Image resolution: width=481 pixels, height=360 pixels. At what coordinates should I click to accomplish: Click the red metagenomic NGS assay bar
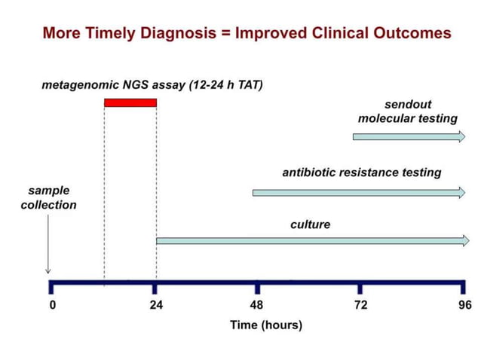130,102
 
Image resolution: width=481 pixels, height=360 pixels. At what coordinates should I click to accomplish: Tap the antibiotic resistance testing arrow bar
359,193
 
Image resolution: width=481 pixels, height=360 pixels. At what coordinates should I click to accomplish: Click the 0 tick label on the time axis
53,305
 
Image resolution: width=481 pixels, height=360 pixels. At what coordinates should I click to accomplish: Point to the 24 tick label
156,305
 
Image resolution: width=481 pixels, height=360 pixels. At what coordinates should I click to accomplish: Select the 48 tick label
257,305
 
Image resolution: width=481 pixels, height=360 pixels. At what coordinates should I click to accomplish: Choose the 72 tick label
360,305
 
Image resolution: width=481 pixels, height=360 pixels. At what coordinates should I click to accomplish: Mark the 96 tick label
464,305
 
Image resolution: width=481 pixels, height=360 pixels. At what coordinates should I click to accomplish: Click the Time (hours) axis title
266,325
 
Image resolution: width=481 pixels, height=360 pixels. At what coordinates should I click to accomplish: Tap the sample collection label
48,197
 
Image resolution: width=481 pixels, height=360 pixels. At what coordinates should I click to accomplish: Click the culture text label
310,224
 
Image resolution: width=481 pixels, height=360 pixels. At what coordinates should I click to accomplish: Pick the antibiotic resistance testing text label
361,172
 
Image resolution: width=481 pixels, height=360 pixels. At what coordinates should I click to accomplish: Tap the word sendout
408,104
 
